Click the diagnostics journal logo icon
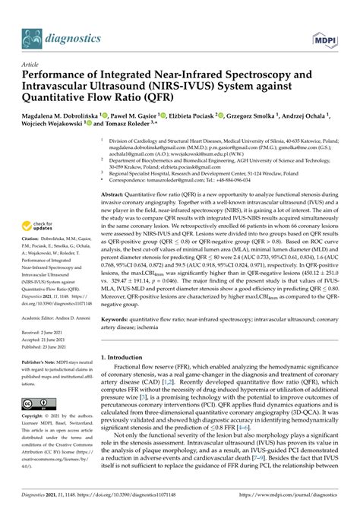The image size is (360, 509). (x=31, y=34)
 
